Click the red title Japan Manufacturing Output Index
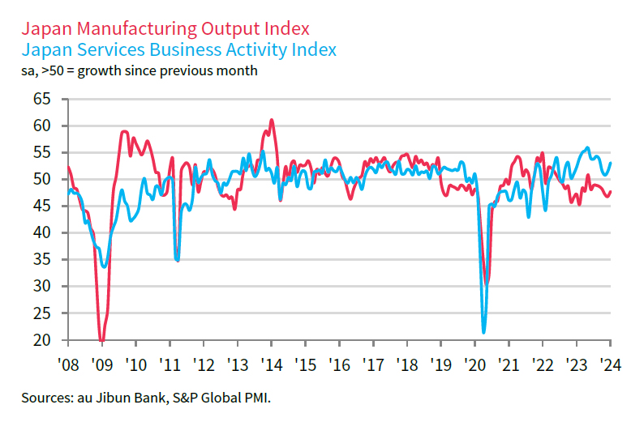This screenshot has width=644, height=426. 165,28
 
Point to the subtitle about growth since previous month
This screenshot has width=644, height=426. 139,70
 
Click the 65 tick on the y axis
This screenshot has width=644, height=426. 43,99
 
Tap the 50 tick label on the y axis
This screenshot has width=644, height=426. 43,179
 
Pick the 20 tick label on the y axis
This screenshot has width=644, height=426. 43,340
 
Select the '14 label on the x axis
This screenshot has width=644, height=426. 271,363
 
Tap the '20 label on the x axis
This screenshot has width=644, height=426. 474,363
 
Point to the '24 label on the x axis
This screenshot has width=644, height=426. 611,363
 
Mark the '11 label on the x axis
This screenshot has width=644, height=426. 169,363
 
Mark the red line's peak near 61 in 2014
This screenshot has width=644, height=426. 272,120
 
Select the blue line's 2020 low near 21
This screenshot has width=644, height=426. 484,332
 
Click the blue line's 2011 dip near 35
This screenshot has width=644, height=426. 178,260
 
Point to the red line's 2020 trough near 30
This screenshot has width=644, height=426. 487,284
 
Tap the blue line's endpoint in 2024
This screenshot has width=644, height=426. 611,163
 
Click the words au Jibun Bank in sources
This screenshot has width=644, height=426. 110,398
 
